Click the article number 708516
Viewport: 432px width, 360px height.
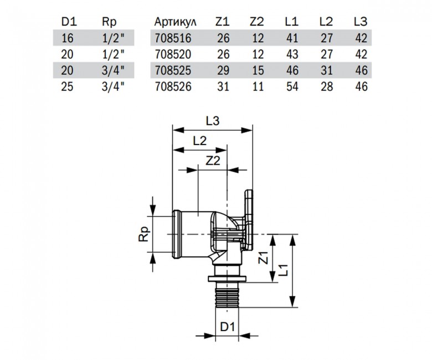[173, 38]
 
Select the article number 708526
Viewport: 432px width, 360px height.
[173, 86]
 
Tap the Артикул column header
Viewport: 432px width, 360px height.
[175, 22]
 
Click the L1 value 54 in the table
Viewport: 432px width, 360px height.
[292, 86]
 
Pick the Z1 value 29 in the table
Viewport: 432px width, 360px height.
[223, 70]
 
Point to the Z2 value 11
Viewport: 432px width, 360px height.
[258, 86]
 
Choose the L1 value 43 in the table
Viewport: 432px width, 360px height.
[292, 54]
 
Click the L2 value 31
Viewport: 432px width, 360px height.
[327, 70]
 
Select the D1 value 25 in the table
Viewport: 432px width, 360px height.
[67, 86]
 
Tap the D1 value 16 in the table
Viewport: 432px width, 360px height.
[67, 38]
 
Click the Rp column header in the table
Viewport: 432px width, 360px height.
[109, 22]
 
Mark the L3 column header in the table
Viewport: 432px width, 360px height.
[361, 22]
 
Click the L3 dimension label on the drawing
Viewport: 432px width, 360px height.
[213, 121]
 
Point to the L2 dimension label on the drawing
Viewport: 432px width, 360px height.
[200, 141]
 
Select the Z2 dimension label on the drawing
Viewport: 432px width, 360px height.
[213, 161]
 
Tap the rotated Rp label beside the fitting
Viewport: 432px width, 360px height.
[145, 234]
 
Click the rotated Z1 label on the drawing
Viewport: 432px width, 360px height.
[264, 258]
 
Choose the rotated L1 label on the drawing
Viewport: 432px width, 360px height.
[283, 270]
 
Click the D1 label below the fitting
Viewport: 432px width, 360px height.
[227, 327]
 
